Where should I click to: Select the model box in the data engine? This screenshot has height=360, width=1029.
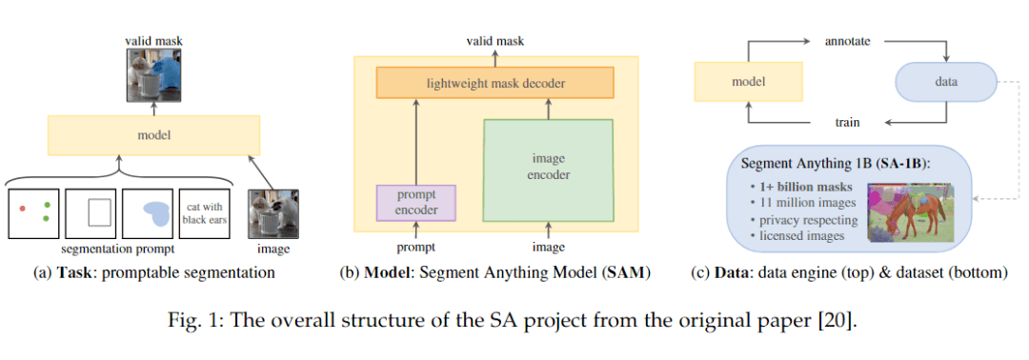click(x=749, y=83)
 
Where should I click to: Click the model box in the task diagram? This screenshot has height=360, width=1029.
click(x=153, y=135)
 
